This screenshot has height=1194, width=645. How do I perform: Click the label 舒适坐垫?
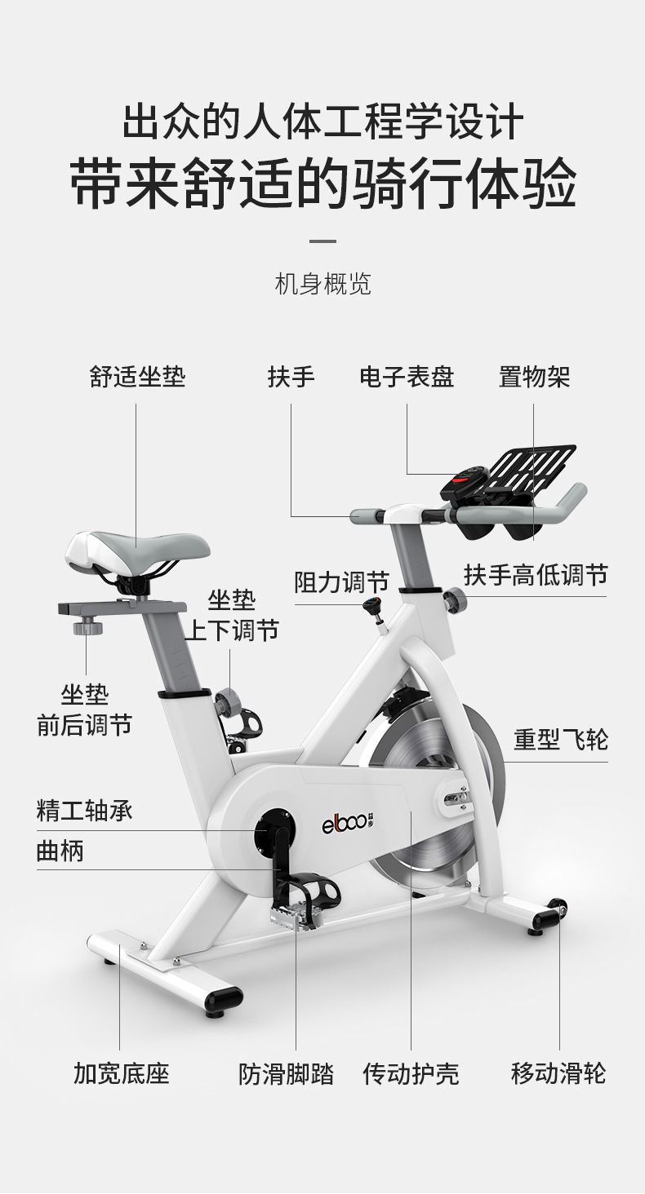click(137, 377)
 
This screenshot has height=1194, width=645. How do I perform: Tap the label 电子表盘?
click(407, 377)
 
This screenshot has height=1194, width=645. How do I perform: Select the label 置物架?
click(534, 377)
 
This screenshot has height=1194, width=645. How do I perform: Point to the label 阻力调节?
click(341, 582)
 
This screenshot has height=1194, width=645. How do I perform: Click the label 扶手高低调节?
click(536, 575)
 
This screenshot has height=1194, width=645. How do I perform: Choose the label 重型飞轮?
click(560, 740)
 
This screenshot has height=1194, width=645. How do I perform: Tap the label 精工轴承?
click(84, 811)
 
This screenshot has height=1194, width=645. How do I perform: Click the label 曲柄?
click(60, 851)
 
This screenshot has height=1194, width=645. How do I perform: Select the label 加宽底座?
click(121, 1073)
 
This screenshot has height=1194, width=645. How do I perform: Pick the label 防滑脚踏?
click(286, 1073)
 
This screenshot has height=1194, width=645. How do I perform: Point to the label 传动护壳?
click(411, 1073)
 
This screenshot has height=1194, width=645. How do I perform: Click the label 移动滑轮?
click(558, 1073)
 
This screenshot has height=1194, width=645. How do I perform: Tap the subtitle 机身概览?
click(323, 284)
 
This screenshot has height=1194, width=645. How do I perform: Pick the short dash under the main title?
click(323, 241)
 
